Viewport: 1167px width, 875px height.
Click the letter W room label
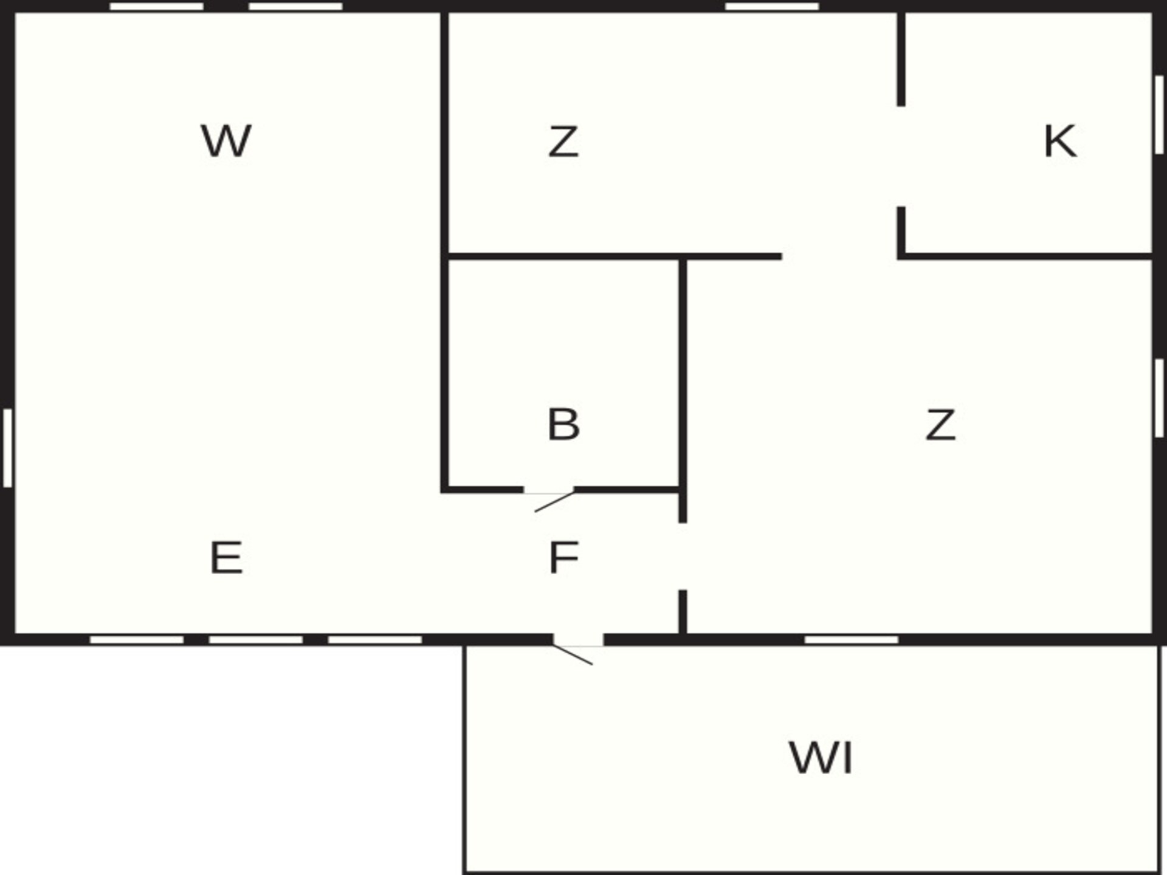point(226,141)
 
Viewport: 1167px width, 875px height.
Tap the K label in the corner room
point(1060,141)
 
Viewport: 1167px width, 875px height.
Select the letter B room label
point(563,424)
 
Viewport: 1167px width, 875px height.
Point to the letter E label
point(226,557)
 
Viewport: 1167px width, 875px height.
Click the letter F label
point(563,557)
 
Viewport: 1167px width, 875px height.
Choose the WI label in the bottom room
point(821,757)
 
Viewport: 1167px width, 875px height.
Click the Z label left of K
point(563,141)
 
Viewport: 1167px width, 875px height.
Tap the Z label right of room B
point(940,424)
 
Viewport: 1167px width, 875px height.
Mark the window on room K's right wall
point(1159,115)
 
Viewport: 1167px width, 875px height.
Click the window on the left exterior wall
point(7,448)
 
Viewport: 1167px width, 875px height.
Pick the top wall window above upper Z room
point(772,7)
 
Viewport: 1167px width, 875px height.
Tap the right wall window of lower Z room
point(1159,398)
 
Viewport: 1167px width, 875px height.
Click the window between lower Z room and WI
point(851,640)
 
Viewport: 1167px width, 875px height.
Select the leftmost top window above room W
point(157,7)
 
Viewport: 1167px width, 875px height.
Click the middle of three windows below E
point(256,640)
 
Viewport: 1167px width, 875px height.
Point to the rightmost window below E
point(375,640)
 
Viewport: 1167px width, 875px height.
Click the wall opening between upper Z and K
point(901,157)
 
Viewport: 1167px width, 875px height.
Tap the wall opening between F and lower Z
point(683,556)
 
